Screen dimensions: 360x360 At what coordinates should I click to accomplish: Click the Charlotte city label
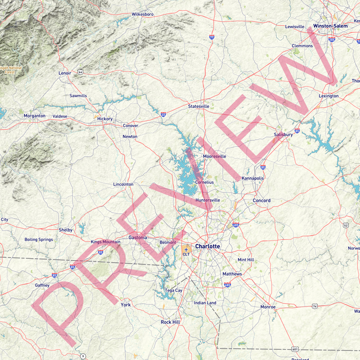point(208,246)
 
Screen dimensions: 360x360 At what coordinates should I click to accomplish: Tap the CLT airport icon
point(186,249)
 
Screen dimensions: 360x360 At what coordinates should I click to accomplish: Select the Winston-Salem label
point(330,26)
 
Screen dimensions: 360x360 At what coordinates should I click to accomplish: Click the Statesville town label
point(199,106)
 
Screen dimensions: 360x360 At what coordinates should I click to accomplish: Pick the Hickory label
point(105,119)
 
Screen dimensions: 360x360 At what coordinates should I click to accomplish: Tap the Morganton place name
point(34,115)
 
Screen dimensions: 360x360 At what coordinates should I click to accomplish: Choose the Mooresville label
point(214,156)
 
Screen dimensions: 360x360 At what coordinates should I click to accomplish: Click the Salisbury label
point(283,134)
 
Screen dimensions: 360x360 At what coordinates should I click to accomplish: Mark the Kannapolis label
point(253,178)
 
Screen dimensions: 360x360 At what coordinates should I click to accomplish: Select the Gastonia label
point(138,237)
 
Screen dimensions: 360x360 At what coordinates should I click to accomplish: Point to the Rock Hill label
point(170,322)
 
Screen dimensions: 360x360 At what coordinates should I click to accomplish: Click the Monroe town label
point(268,307)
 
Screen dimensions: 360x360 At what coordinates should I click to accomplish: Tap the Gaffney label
point(42,285)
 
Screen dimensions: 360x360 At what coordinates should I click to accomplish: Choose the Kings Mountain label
point(106,242)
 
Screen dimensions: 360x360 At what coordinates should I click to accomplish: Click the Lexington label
point(328,96)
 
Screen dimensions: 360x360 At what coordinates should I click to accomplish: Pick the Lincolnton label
point(123,184)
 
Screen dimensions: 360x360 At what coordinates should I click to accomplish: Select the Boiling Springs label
point(39,240)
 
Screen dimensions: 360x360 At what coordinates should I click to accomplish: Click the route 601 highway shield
point(295,349)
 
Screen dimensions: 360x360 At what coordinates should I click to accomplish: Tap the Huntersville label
point(208,200)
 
